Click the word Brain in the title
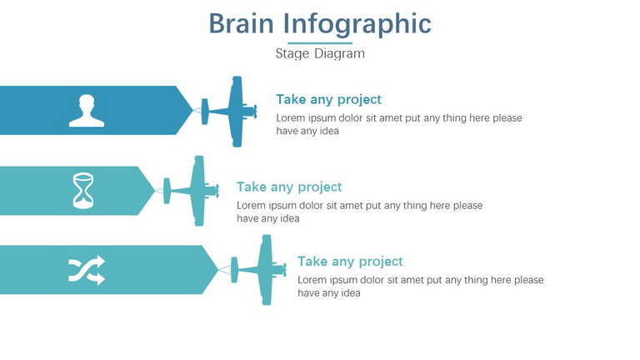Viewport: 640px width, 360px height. pyautogui.click(x=241, y=23)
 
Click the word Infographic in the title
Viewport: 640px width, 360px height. pyautogui.click(x=357, y=24)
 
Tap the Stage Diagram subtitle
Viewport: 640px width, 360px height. pyautogui.click(x=320, y=53)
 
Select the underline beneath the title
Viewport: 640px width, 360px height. pyautogui.click(x=320, y=42)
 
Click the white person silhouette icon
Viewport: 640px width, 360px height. pyautogui.click(x=87, y=111)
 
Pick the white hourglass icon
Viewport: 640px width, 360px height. pyautogui.click(x=83, y=190)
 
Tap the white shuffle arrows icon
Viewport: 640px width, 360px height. pyautogui.click(x=87, y=270)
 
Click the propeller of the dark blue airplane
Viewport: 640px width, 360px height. pyautogui.click(x=255, y=112)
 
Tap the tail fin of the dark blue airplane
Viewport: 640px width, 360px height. pyautogui.click(x=205, y=112)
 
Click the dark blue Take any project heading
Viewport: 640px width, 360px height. pyautogui.click(x=328, y=100)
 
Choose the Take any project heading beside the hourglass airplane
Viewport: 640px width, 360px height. pyautogui.click(x=289, y=187)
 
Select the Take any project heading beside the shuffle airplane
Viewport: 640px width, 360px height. pyautogui.click(x=350, y=262)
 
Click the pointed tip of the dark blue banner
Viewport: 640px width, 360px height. pyautogui.click(x=192, y=110)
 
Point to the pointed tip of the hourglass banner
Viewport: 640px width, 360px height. pyautogui.click(x=155, y=191)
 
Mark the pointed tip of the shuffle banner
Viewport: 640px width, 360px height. pyautogui.click(x=218, y=270)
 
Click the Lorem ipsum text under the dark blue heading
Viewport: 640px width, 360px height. pyautogui.click(x=399, y=124)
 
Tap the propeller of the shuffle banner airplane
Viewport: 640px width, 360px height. pyautogui.click(x=284, y=270)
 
